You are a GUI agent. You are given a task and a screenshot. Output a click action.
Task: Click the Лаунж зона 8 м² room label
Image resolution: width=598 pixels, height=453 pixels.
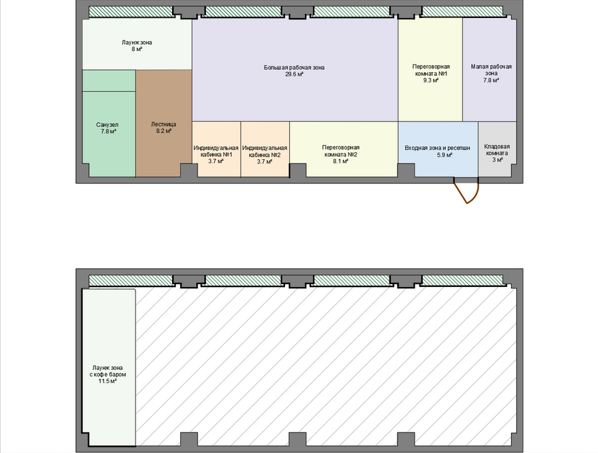click(x=137, y=46)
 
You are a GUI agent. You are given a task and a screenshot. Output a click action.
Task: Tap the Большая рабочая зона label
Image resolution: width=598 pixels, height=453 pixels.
click(x=294, y=68)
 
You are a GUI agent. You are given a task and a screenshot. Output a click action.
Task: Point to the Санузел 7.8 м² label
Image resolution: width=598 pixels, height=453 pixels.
click(x=107, y=128)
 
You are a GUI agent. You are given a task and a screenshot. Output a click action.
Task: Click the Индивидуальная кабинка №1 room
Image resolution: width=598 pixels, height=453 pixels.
click(x=216, y=149)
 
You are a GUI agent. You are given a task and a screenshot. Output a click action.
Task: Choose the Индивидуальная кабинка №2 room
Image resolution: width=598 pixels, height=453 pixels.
click(x=265, y=149)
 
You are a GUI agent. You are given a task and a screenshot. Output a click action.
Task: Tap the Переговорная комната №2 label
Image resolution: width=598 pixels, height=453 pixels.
click(x=341, y=151)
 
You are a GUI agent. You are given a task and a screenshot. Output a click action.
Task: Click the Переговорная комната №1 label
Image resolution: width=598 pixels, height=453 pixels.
click(x=431, y=70)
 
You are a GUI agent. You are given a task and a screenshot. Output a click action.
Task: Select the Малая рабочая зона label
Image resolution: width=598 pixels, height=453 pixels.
click(x=491, y=70)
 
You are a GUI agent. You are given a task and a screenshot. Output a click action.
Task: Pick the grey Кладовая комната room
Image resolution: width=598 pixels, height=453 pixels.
click(x=497, y=149)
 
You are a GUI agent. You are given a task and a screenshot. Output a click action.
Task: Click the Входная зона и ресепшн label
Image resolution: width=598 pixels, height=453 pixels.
click(x=437, y=148)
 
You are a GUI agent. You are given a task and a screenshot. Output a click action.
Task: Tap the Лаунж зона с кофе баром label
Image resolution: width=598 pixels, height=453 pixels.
click(x=108, y=371)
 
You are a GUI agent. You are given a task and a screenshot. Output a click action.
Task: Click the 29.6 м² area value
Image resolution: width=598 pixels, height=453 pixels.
click(x=294, y=74)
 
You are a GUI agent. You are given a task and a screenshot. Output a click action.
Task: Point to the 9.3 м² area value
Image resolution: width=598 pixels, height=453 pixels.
click(x=431, y=80)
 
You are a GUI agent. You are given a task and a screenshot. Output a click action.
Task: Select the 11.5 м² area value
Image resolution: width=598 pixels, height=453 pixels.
click(x=108, y=381)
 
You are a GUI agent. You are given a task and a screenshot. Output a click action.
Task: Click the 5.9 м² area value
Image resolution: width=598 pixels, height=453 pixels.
click(x=445, y=155)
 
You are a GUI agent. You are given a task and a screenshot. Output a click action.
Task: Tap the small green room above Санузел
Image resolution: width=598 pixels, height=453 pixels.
click(x=109, y=80)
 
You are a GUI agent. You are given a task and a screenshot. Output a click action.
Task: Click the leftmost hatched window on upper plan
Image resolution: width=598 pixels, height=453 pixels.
click(x=131, y=12)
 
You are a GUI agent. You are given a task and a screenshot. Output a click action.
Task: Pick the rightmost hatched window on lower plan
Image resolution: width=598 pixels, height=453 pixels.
click(x=462, y=281)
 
